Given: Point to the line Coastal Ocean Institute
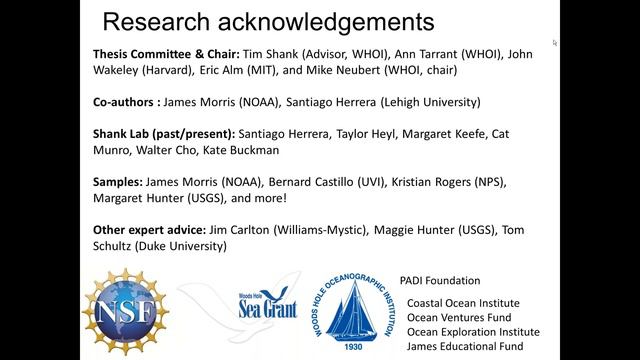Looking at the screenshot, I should [463, 303].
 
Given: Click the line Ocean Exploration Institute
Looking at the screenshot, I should [473, 332].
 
